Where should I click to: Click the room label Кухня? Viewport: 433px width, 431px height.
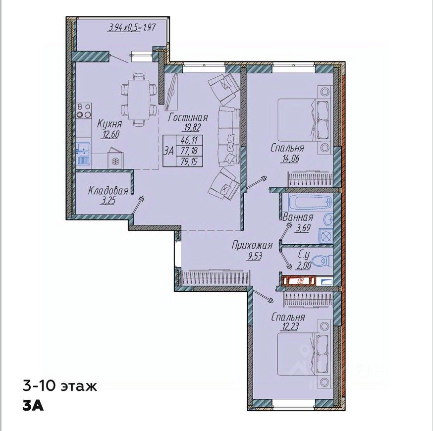point(109,124)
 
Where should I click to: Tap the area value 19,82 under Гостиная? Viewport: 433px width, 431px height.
point(191,127)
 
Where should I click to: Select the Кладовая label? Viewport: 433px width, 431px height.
point(108,191)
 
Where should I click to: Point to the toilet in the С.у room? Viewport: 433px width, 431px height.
point(322,261)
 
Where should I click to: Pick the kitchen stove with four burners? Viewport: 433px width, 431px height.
point(84,110)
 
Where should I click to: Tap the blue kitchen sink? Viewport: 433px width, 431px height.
point(83,154)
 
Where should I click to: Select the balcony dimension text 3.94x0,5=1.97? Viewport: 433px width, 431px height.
point(132,27)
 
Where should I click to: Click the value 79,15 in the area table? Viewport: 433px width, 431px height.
point(189,161)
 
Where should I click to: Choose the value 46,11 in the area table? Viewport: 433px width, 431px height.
point(189,140)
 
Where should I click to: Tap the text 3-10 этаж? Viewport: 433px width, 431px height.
point(60,386)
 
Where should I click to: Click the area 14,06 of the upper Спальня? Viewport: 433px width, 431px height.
point(290,159)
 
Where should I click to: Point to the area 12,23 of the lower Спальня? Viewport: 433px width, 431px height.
point(289,326)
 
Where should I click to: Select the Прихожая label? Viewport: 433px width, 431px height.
point(252,245)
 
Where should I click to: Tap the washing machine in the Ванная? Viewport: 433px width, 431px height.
point(326,236)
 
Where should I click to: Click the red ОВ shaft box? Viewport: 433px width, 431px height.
point(299,281)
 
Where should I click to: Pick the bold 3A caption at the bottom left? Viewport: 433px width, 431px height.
point(33,406)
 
